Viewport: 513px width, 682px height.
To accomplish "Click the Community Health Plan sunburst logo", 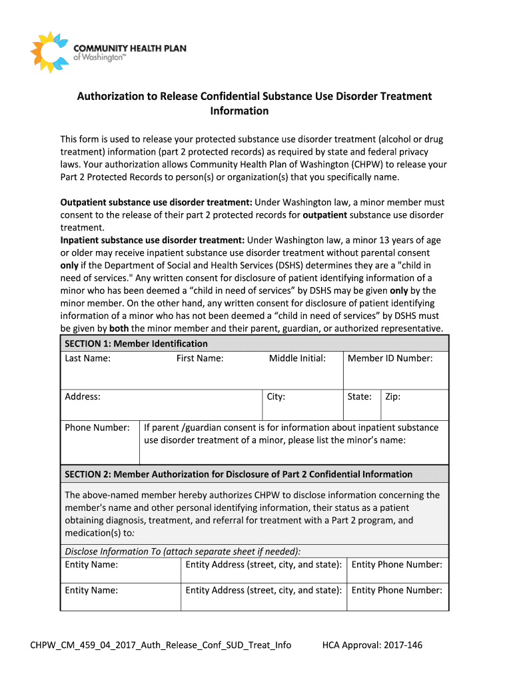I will [x=50, y=52].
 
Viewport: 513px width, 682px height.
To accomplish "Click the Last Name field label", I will [x=87, y=358].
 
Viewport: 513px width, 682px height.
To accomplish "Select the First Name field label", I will [x=200, y=358].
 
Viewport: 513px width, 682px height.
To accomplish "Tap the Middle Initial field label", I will [x=297, y=358].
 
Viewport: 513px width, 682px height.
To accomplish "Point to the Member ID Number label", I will [x=390, y=358].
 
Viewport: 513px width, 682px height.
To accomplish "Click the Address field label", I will [x=83, y=396].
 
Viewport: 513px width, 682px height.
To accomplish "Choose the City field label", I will [x=276, y=396].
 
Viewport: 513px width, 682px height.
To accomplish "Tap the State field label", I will [x=359, y=396].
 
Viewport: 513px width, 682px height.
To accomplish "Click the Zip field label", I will [x=392, y=396].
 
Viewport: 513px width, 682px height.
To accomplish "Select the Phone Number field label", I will [x=97, y=428].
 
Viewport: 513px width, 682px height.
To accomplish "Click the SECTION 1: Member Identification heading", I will [x=136, y=344].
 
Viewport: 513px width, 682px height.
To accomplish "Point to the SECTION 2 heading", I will [x=239, y=474].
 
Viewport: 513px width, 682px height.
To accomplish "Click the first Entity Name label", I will [x=91, y=565].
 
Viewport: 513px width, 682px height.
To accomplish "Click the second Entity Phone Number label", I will [x=396, y=590].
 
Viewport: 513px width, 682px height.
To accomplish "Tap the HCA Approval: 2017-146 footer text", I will [x=372, y=645].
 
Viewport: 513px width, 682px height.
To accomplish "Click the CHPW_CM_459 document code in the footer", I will [x=161, y=645].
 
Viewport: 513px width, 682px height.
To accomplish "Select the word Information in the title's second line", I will [x=239, y=111].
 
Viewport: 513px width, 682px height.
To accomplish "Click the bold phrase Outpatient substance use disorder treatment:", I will [x=156, y=202].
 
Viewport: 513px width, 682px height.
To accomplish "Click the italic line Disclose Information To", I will [x=183, y=551].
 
